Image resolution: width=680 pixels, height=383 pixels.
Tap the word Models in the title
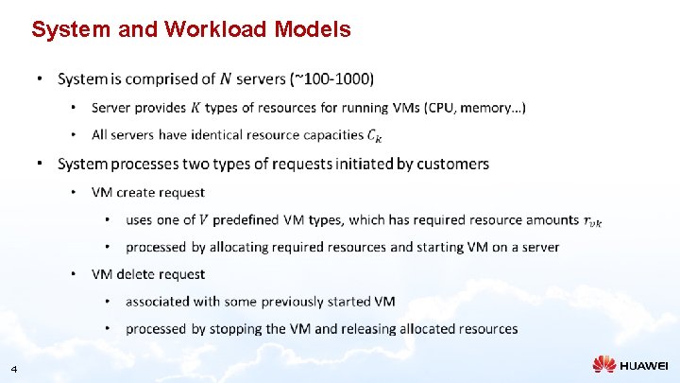[313, 30]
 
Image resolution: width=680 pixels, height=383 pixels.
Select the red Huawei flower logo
[604, 364]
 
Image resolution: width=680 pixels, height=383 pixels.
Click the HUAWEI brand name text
[644, 365]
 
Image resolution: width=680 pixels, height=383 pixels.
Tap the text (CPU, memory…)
[476, 108]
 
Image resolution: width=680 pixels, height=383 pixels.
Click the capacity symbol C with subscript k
[376, 136]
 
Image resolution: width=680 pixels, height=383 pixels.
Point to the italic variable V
[203, 220]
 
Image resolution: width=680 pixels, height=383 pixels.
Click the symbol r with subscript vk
[592, 221]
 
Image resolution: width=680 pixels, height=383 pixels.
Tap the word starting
[440, 247]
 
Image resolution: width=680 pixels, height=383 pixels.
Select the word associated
[161, 302]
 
